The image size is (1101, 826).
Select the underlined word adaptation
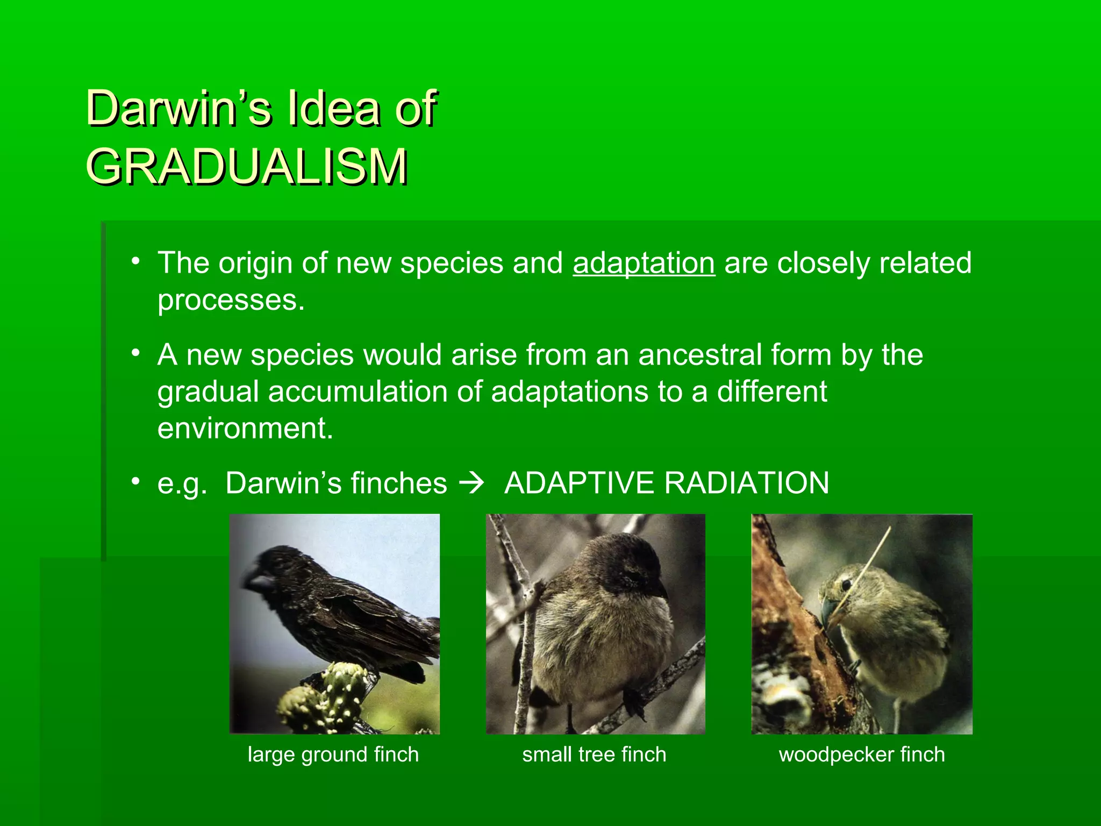pyautogui.click(x=644, y=263)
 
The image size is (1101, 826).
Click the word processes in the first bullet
pyautogui.click(x=230, y=300)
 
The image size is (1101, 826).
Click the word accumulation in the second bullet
pyautogui.click(x=357, y=391)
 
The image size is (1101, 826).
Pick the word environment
pyautogui.click(x=245, y=429)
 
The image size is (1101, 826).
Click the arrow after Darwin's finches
pyautogui.click(x=472, y=482)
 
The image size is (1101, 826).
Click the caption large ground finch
pyautogui.click(x=333, y=754)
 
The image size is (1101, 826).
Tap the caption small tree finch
pyautogui.click(x=594, y=754)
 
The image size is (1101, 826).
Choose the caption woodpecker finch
pyautogui.click(x=861, y=754)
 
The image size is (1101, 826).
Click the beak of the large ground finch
pyautogui.click(x=256, y=581)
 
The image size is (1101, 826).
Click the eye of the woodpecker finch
pyautogui.click(x=846, y=584)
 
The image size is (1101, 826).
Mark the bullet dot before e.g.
pyautogui.click(x=136, y=480)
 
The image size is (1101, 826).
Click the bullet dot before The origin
pyautogui.click(x=136, y=261)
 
